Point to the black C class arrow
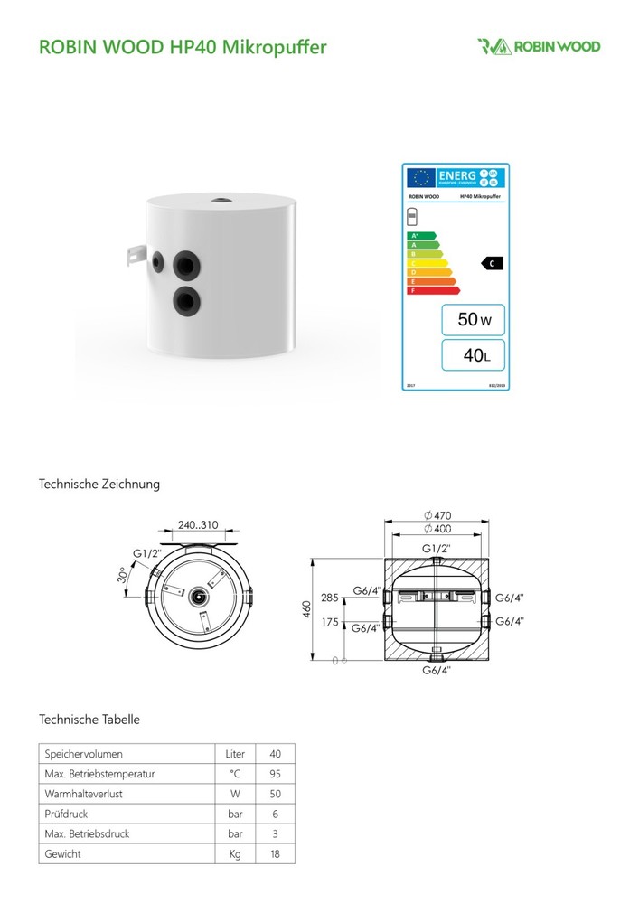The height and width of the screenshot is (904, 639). click(x=492, y=263)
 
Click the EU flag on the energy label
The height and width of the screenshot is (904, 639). click(x=420, y=177)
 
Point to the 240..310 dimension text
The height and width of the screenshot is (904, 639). click(x=198, y=525)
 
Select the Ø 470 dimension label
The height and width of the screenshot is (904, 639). click(x=437, y=515)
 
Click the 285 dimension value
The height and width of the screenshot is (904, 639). click(x=329, y=598)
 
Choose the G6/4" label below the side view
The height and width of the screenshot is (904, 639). click(x=437, y=670)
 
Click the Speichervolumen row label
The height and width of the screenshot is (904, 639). click(x=83, y=753)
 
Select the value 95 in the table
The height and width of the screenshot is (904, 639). click(x=276, y=773)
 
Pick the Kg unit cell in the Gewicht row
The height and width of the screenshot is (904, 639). click(x=235, y=852)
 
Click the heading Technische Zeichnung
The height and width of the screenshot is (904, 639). click(x=99, y=485)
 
